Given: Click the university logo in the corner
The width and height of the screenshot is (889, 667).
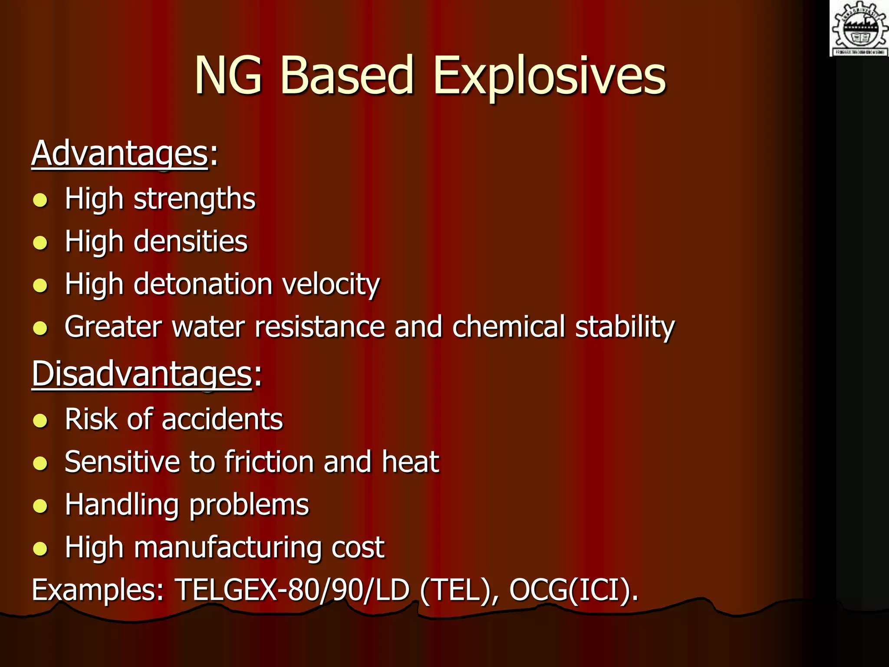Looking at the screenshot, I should pos(859,29).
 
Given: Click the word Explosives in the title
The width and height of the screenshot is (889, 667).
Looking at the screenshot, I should pos(549,76).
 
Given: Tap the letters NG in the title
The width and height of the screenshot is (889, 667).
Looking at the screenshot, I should pos(228,76).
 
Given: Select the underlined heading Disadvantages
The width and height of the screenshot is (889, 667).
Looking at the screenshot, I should pos(142,374).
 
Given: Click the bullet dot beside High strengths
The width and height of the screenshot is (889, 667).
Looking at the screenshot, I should pos(40,200).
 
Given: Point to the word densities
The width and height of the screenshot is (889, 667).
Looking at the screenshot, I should pos(191,241).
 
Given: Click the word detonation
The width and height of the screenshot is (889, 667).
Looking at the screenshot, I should pos(203,284).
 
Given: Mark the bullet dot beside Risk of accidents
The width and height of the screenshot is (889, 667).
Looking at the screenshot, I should pos(40,420).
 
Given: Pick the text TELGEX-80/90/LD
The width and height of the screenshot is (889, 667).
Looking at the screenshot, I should pos(292,590).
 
